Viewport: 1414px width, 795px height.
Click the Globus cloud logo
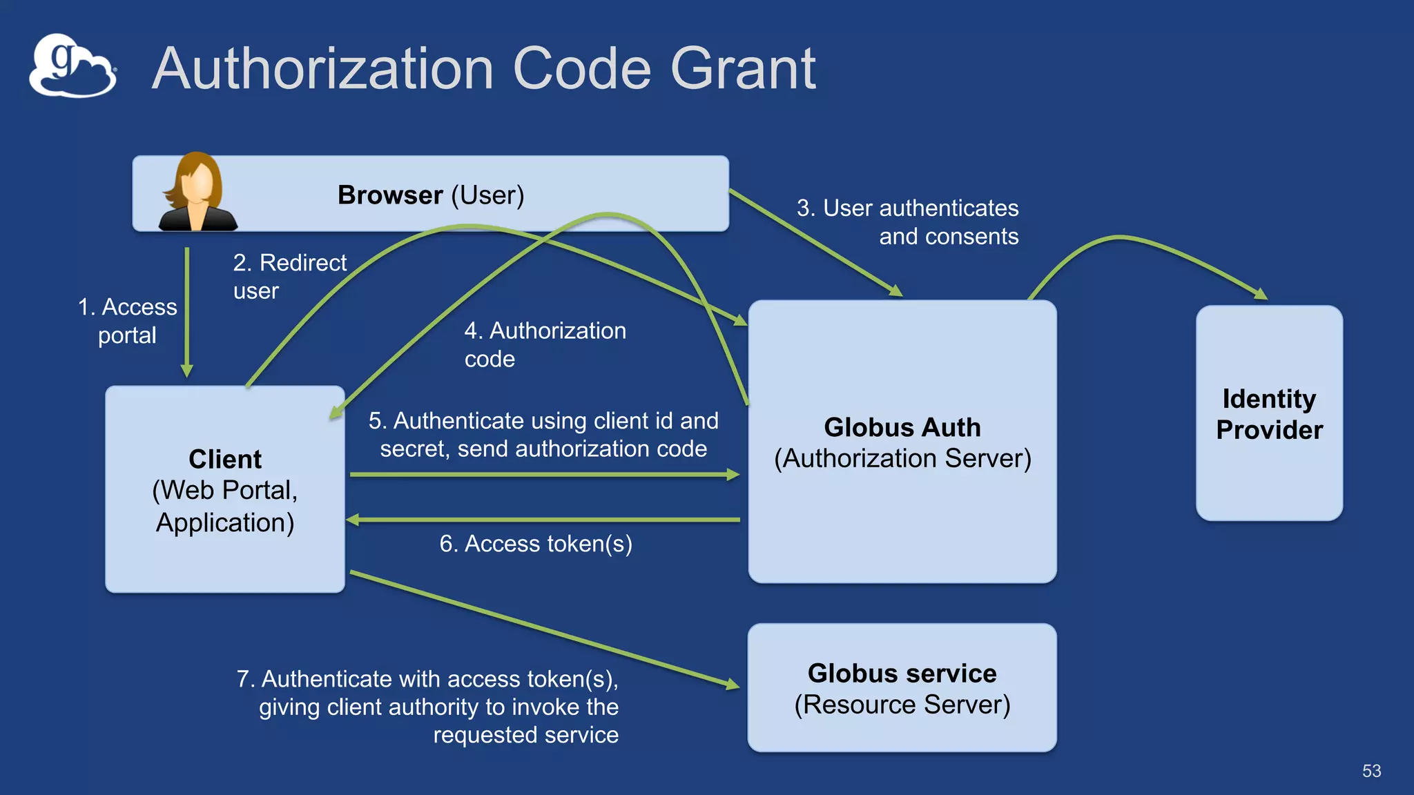[72, 66]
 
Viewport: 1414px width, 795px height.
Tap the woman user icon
[197, 193]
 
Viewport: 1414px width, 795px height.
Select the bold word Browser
[389, 195]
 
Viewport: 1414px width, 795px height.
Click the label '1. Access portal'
[128, 321]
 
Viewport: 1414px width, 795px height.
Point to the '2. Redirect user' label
[289, 276]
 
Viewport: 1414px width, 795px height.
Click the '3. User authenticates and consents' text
[907, 222]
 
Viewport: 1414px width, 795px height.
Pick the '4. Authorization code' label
[544, 344]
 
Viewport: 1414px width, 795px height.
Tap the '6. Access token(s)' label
[536, 544]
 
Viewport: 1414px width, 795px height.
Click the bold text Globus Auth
[902, 427]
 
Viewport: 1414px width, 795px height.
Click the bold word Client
[225, 459]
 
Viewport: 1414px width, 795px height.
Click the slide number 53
[1371, 771]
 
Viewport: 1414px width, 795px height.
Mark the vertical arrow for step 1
[186, 311]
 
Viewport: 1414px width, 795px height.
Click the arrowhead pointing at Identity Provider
[1261, 295]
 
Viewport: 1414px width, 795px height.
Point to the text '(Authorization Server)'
[902, 459]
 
